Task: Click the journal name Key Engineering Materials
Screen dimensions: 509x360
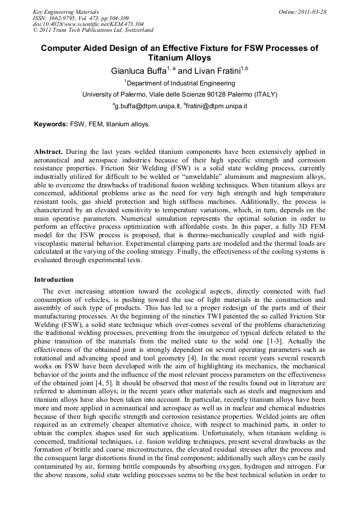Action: (x=66, y=12)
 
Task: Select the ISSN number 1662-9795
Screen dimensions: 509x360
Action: (x=61, y=18)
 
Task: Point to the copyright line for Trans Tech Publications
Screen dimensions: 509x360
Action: (x=93, y=30)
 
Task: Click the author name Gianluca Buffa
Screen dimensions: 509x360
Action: (x=137, y=71)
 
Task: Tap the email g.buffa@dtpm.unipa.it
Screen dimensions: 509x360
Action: (x=146, y=106)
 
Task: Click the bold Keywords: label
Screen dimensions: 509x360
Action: (x=51, y=125)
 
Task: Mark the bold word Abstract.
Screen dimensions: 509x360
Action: (x=49, y=151)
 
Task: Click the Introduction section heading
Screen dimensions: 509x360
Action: (x=54, y=279)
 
